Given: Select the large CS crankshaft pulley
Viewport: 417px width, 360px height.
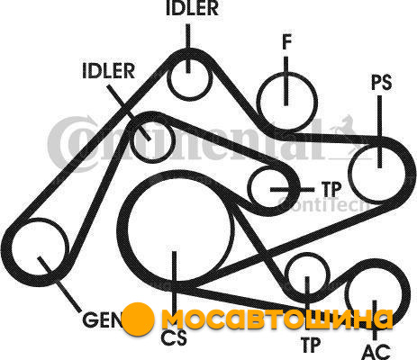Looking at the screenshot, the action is pos(128,228).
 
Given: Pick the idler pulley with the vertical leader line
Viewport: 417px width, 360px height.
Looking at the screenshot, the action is pos(168,79).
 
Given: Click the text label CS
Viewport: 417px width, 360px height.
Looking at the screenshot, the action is pos(174,337).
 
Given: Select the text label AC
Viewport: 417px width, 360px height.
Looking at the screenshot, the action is pos(376,352).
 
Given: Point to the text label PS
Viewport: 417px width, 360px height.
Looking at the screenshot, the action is pos(382,82).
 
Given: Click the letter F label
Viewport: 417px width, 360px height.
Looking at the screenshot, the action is pos(286,42).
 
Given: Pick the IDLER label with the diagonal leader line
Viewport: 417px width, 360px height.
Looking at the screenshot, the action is pos(108,71).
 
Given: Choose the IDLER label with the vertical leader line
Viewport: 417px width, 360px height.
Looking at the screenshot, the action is pos(192,8).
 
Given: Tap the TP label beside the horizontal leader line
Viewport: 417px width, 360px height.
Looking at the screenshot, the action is pos(331,189).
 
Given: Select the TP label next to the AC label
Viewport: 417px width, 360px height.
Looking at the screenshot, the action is pos(311,345).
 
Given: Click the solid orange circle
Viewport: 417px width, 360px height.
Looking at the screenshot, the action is pos(139,319).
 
